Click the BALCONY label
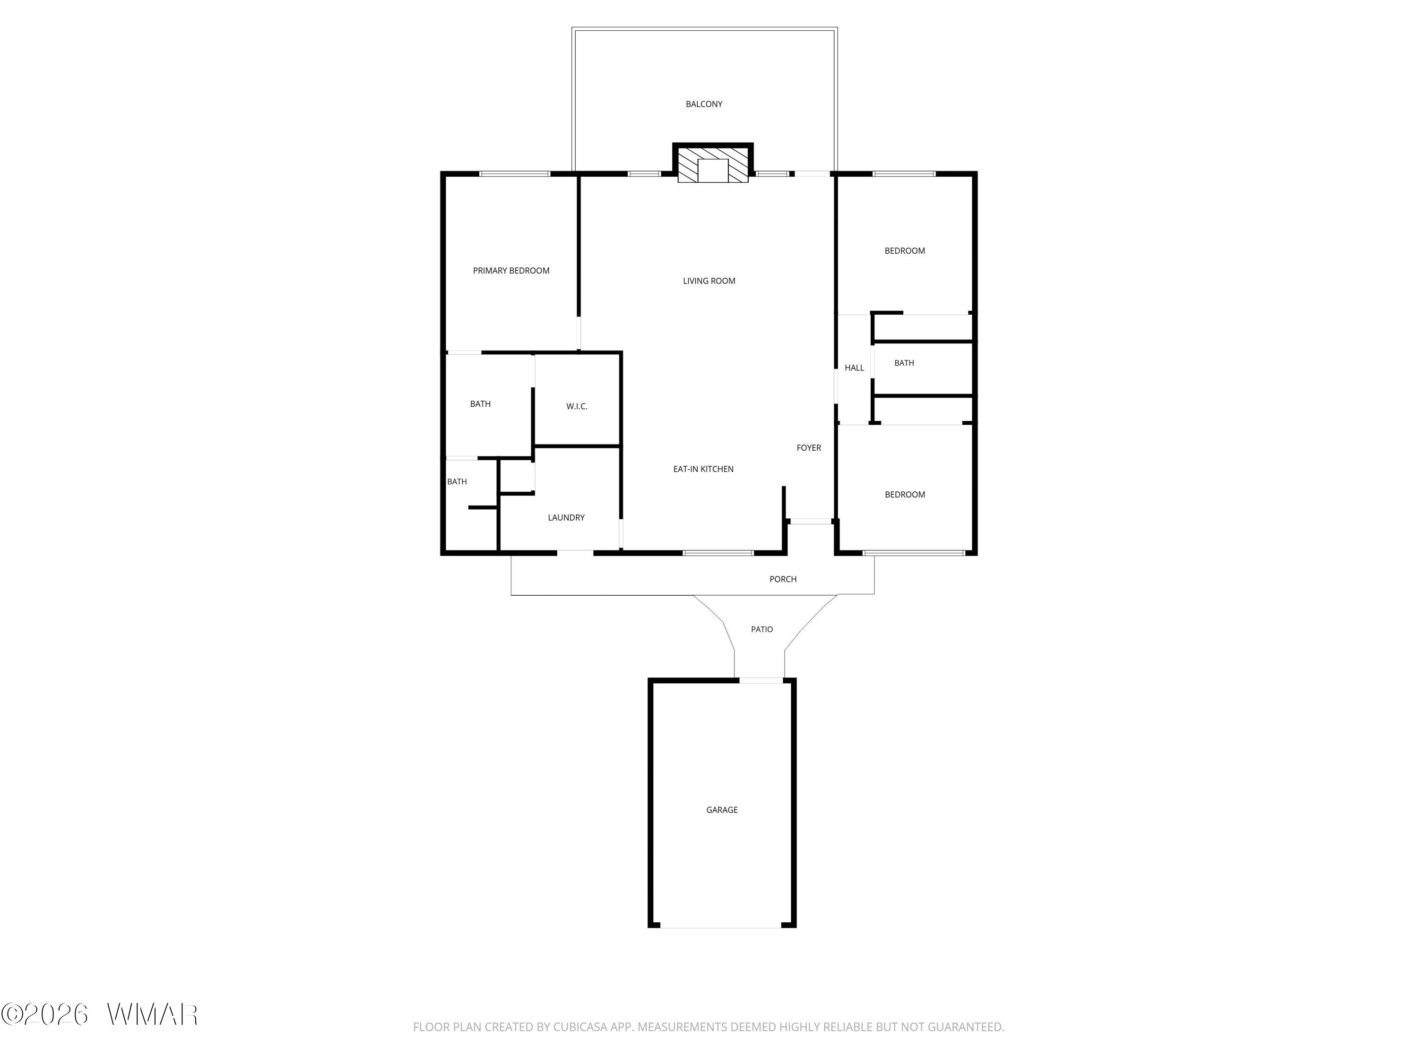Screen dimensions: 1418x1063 click(x=704, y=104)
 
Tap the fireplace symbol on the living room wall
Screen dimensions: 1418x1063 click(x=713, y=164)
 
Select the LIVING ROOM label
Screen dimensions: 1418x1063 click(x=709, y=281)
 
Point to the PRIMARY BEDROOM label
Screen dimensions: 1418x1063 click(x=511, y=270)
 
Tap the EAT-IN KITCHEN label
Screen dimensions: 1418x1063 click(x=703, y=469)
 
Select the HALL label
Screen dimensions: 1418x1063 click(x=855, y=368)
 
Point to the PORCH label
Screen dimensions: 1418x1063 click(x=783, y=579)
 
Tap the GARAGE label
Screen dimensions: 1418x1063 click(x=722, y=810)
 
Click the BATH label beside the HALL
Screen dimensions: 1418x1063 click(x=904, y=363)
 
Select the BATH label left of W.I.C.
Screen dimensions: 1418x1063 click(x=480, y=403)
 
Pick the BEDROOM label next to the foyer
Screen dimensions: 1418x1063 click(x=905, y=495)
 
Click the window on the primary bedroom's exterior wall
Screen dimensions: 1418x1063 click(x=515, y=174)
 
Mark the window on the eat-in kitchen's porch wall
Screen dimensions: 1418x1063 click(x=718, y=553)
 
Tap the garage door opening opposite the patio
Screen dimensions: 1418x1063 click(x=721, y=927)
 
